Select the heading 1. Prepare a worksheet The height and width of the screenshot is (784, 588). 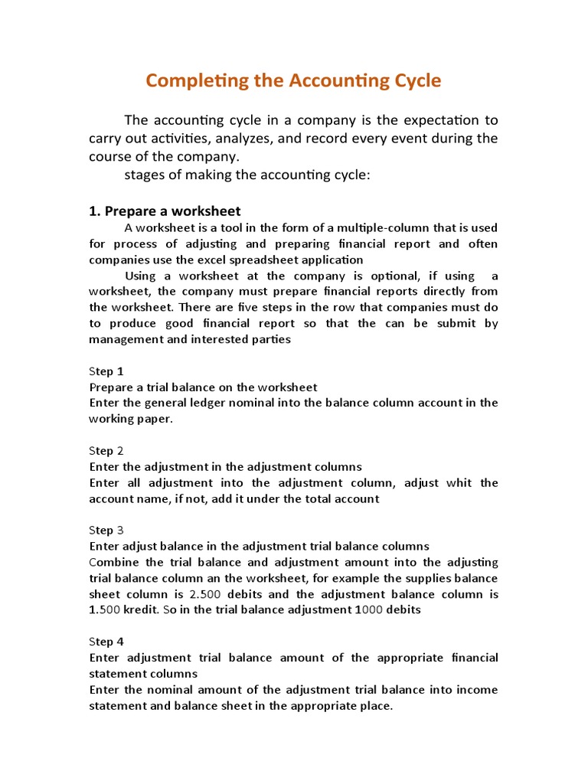click(165, 211)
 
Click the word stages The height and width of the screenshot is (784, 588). click(143, 175)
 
